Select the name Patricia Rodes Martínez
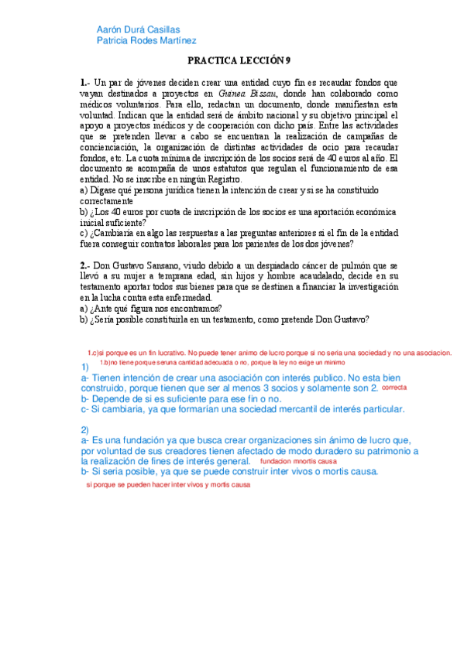point(145,41)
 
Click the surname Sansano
point(157,265)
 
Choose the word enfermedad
point(186,298)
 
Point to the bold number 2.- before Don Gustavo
point(85,265)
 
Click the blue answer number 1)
point(85,366)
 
